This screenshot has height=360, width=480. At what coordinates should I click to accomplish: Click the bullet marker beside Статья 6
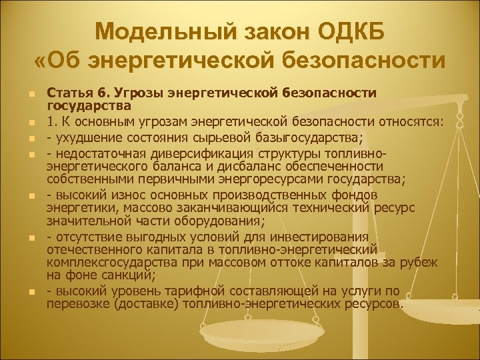coord(32,93)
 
